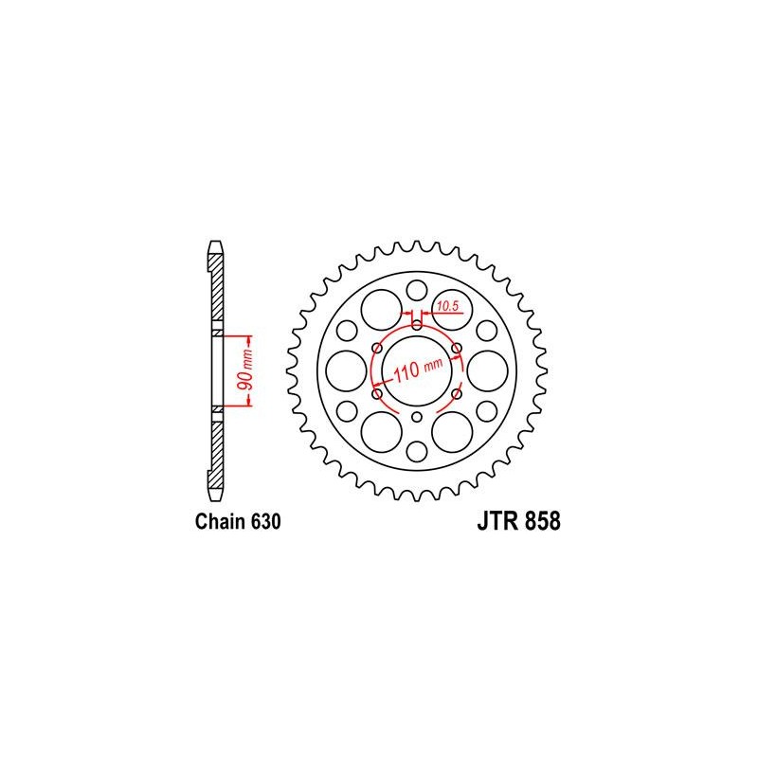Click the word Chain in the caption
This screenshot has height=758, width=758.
pyautogui.click(x=221, y=522)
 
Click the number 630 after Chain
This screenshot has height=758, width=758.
pyautogui.click(x=266, y=522)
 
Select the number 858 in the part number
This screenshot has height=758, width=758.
pyautogui.click(x=542, y=521)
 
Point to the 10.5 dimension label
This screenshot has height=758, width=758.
pyautogui.click(x=447, y=305)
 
